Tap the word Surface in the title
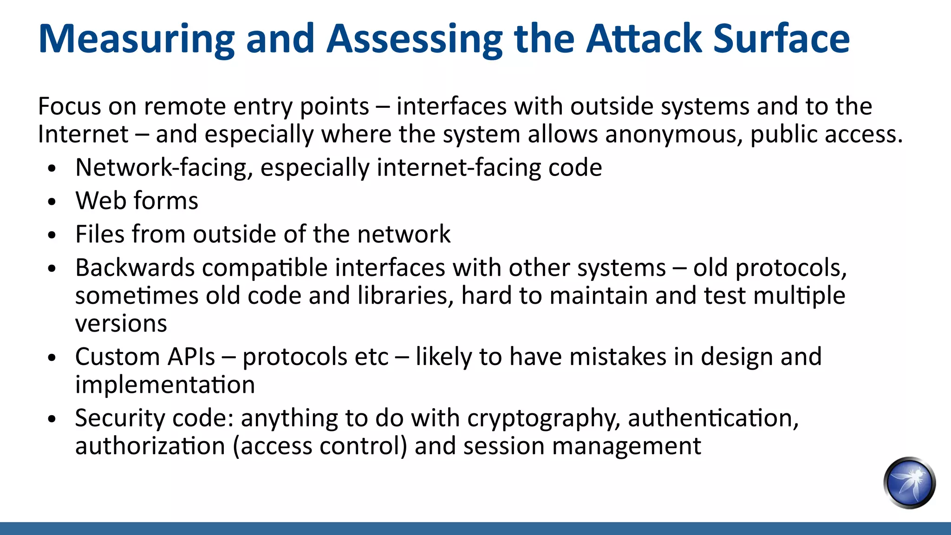coord(781,39)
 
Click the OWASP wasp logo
coord(909,483)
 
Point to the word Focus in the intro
coord(69,106)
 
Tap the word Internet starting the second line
coord(83,135)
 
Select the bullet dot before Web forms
coord(52,202)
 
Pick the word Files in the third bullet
coord(99,234)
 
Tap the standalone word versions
coord(121,324)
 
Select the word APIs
coord(191,357)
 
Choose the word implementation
coord(165,385)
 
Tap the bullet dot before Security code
coord(52,419)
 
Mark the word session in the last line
coord(503,446)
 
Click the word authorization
coord(150,446)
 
